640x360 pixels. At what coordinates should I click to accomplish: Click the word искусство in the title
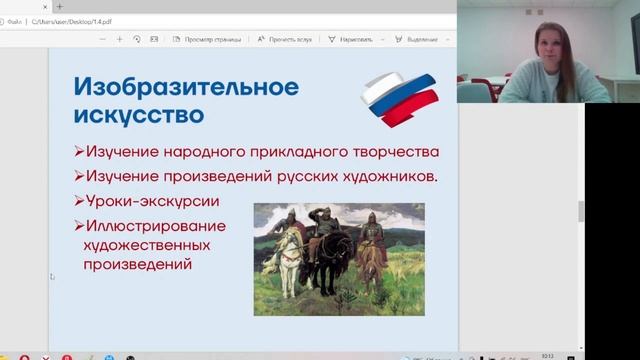click(x=139, y=114)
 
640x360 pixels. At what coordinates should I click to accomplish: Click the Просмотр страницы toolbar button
click(x=206, y=39)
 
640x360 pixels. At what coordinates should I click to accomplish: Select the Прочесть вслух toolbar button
click(x=284, y=39)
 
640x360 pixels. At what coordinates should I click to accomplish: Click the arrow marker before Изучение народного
click(x=79, y=153)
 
